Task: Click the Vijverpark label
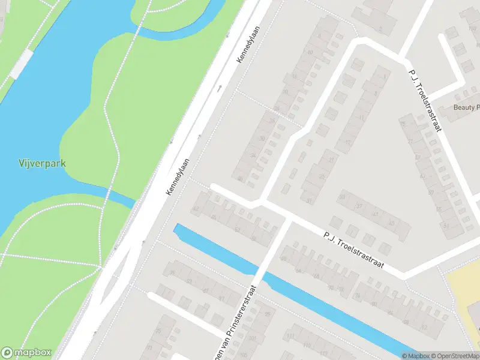pos(41,163)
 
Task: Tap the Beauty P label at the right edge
pos(467,107)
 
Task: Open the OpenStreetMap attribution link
pos(455,356)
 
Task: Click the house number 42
pos(196,209)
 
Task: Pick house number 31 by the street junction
pos(310,200)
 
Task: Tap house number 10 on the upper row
pos(310,53)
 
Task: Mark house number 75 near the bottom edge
pos(158,331)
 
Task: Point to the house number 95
pos(267,314)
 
